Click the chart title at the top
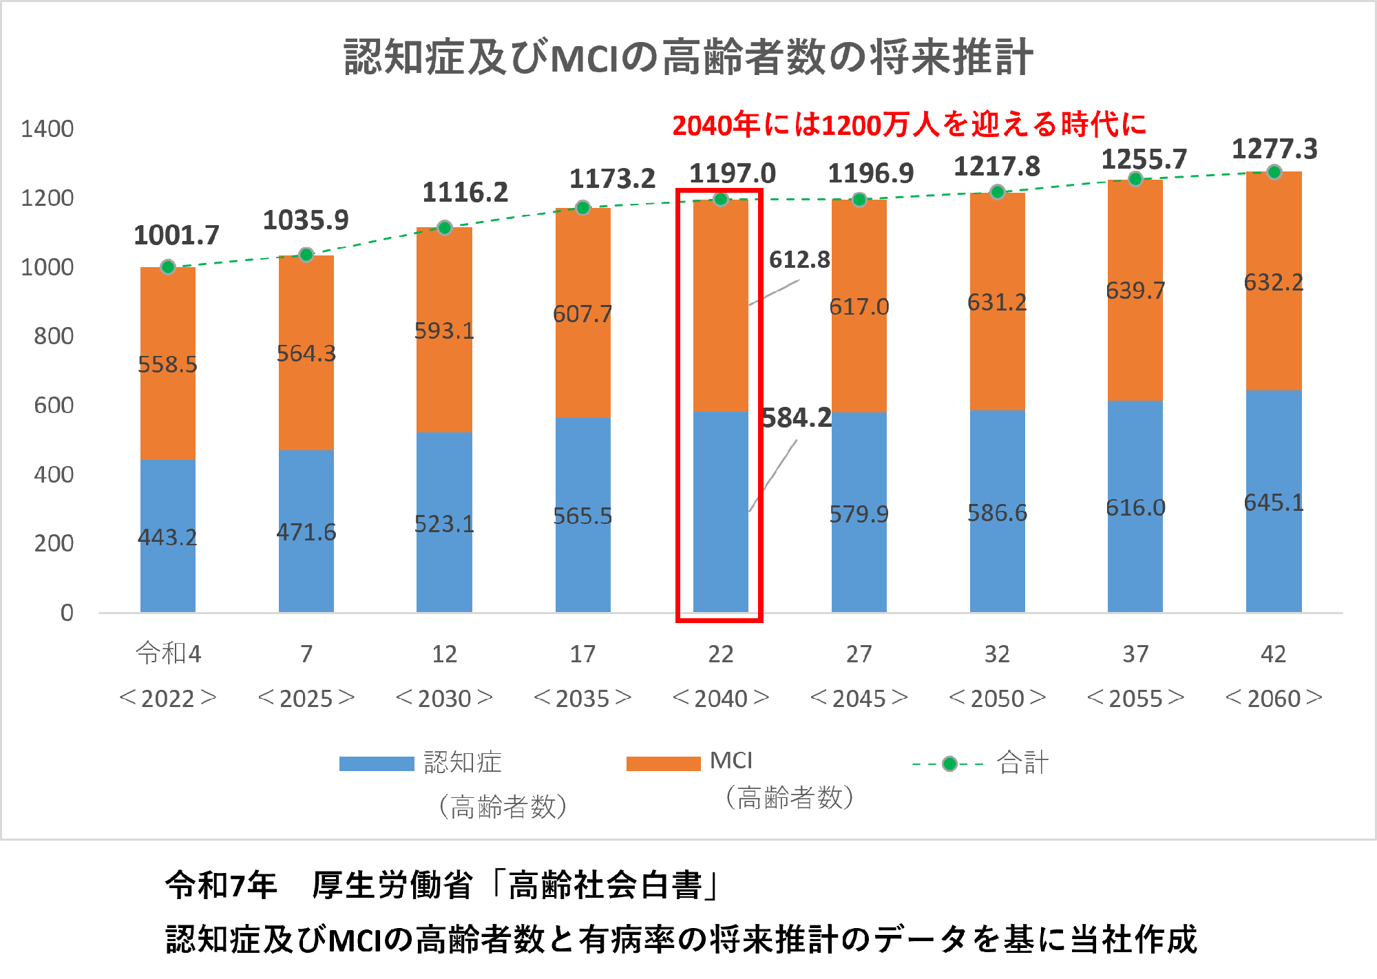(x=688, y=57)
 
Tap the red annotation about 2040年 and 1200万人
(x=909, y=125)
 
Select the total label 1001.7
(x=176, y=235)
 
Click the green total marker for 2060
(x=1274, y=172)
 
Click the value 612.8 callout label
(x=799, y=260)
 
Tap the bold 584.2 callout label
(x=797, y=418)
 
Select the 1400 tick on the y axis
(x=47, y=129)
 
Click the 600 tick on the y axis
(x=54, y=406)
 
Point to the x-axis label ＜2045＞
(x=859, y=698)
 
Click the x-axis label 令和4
(x=168, y=653)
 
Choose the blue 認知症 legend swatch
(x=376, y=764)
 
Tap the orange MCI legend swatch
(x=663, y=764)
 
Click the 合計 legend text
(x=1022, y=763)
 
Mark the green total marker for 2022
(x=168, y=267)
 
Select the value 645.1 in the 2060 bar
(x=1274, y=503)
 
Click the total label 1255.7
(x=1144, y=160)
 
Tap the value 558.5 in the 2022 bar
(x=167, y=364)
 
